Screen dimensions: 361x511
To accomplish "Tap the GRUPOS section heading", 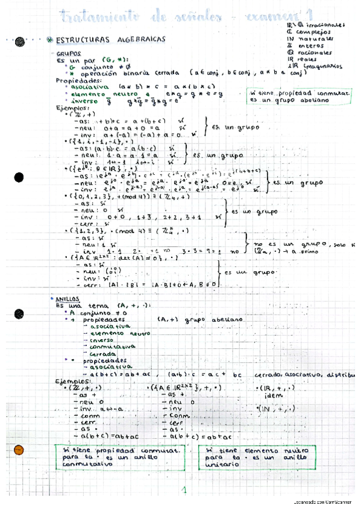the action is click(68, 53).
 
